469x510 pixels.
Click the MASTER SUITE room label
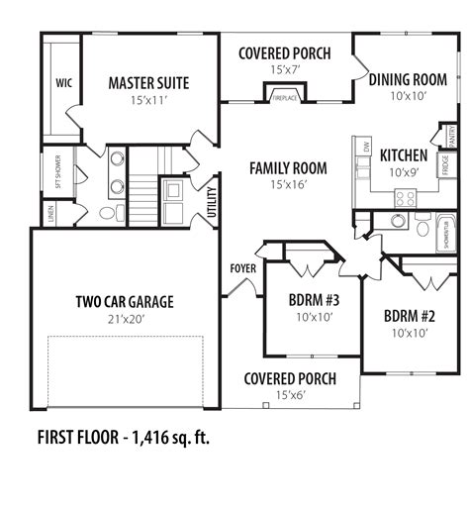148,83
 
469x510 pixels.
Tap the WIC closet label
63,83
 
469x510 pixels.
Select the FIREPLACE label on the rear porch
279,98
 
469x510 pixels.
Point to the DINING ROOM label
408,79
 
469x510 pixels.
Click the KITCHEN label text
404,155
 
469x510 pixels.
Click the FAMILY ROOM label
288,168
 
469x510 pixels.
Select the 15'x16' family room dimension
288,184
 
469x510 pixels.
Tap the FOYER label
243,266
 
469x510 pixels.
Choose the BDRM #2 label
409,317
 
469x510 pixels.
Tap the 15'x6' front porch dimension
289,395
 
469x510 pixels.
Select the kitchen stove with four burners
405,198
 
